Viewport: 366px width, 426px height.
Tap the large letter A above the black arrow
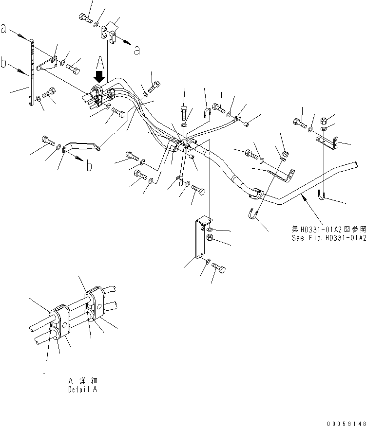(100, 62)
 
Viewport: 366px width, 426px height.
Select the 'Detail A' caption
(82, 390)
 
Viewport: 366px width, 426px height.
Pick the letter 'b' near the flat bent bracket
(89, 166)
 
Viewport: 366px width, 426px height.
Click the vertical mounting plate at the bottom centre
(200, 239)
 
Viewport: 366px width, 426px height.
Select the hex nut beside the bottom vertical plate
(209, 238)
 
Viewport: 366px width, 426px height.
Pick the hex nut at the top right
(325, 120)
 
